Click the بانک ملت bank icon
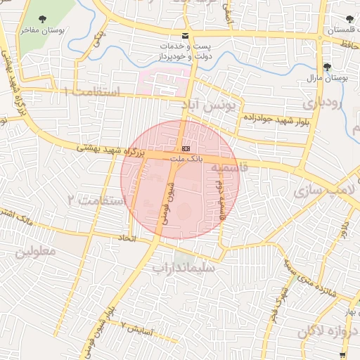(186, 149)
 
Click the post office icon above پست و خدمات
(185, 35)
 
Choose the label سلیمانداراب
(187, 268)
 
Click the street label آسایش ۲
(138, 326)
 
